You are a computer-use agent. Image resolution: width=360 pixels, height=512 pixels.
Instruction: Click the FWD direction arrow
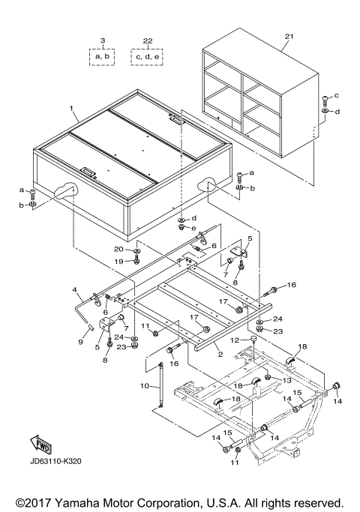tap(40, 445)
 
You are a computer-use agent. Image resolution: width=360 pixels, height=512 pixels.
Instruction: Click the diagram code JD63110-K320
tap(55, 461)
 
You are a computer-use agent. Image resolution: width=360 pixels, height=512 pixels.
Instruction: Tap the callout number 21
tap(289, 36)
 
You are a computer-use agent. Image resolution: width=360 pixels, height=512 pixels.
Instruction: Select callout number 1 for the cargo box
tap(72, 109)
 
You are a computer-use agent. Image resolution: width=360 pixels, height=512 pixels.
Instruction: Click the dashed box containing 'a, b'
tap(102, 57)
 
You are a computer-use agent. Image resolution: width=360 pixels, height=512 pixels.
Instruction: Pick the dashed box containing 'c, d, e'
tap(147, 57)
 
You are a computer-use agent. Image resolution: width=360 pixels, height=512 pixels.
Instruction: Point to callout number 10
tap(145, 385)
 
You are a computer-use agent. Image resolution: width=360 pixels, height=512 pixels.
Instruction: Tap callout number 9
tap(80, 342)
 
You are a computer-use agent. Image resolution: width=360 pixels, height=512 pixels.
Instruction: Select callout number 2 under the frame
tap(220, 355)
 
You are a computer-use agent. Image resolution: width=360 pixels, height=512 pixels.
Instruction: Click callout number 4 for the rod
tap(74, 289)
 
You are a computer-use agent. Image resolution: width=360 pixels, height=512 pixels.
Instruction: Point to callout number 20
tap(118, 249)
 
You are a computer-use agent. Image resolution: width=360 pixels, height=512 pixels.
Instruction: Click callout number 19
tap(118, 261)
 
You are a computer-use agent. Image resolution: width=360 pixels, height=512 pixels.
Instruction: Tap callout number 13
tap(286, 381)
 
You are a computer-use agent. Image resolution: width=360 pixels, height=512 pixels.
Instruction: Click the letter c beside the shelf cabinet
tap(337, 95)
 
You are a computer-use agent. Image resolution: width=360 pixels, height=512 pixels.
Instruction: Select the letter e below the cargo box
tap(193, 228)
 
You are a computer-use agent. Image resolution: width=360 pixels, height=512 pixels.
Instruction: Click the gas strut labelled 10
tap(160, 385)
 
